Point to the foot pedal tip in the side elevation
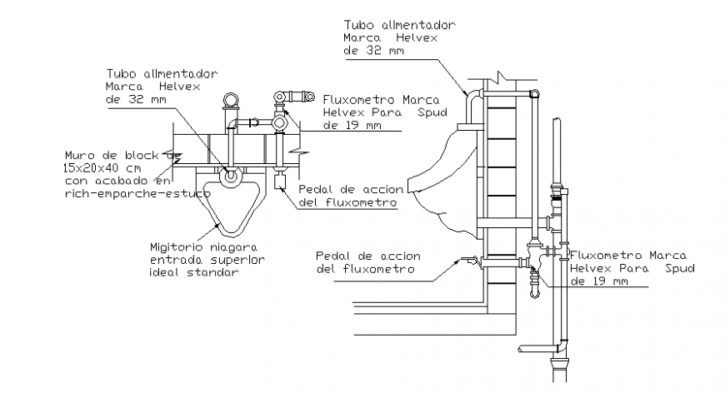pyautogui.click(x=457, y=261)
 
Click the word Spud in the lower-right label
pyautogui.click(x=680, y=269)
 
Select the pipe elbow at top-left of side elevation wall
pyautogui.click(x=472, y=93)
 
